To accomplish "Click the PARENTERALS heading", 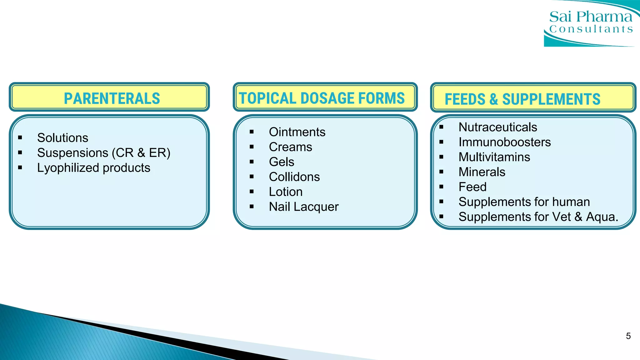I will click(x=112, y=98).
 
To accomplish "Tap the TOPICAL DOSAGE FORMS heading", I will click(x=322, y=98).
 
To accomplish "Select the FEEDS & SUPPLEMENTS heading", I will click(x=522, y=99).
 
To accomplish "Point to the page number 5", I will click(x=628, y=336).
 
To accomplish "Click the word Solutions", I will click(x=62, y=138).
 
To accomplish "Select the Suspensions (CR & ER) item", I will click(x=104, y=153).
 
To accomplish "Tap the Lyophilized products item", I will click(x=94, y=168).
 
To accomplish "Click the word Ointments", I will click(x=297, y=132).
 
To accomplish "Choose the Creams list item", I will click(x=291, y=147).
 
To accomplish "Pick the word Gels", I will click(x=282, y=162).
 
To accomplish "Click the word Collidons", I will click(x=294, y=177).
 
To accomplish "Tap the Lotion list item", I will click(x=286, y=192).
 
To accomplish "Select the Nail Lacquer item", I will click(x=304, y=207).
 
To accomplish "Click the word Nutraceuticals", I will click(x=498, y=127).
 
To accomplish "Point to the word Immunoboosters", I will click(x=505, y=142).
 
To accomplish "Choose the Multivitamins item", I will click(x=494, y=157).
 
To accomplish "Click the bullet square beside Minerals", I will click(x=441, y=172).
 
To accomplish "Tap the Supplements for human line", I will click(x=524, y=202).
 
